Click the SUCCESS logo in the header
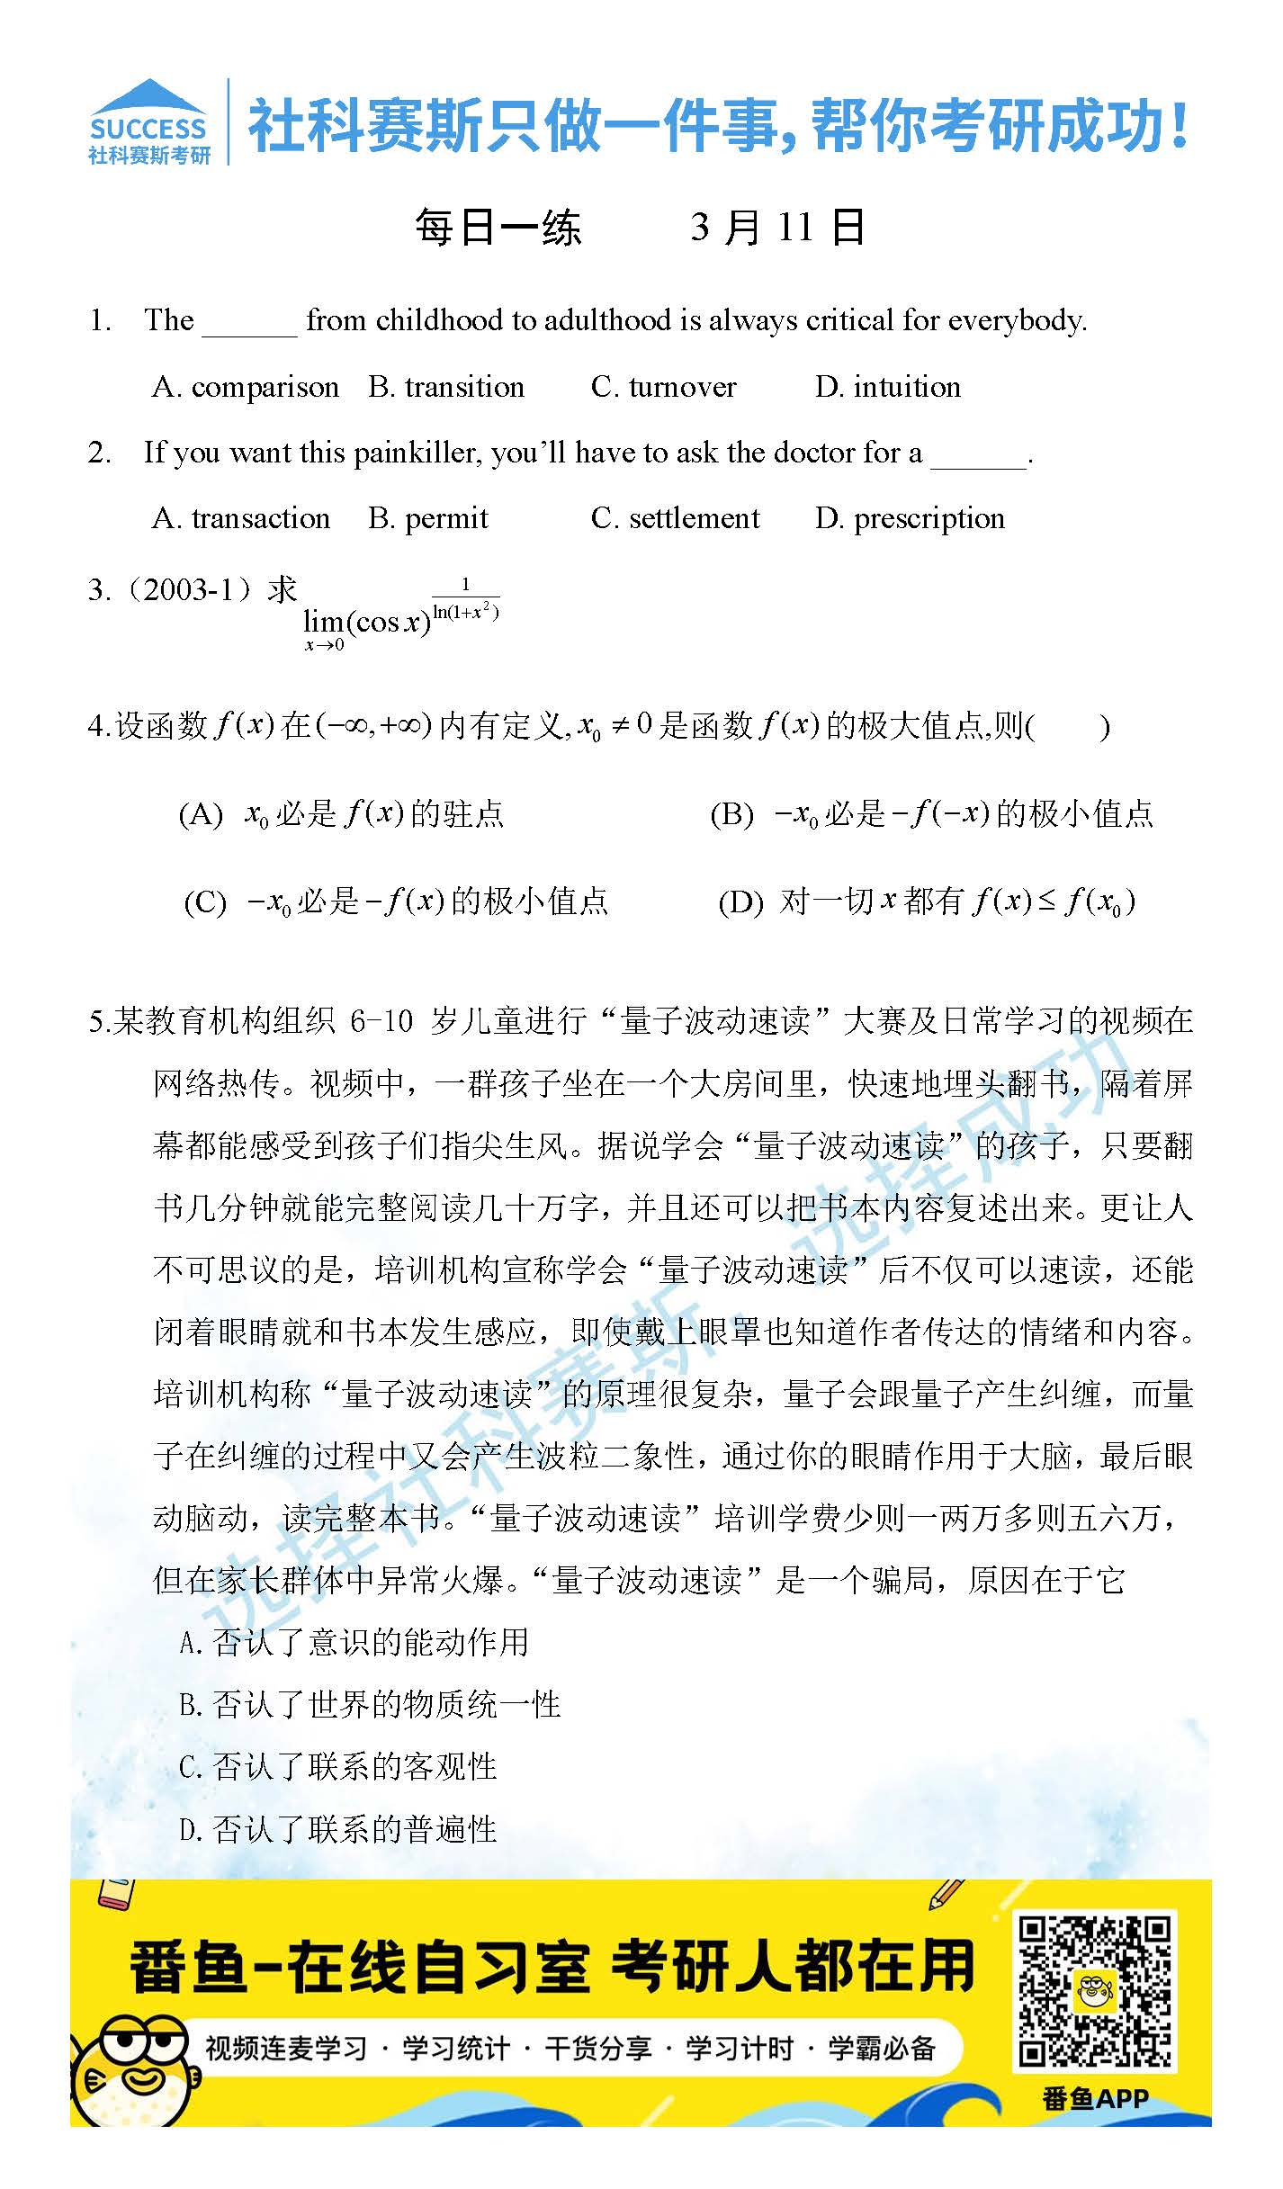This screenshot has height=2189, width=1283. point(148,122)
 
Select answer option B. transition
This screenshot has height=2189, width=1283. point(446,387)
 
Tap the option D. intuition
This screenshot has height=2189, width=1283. point(887,387)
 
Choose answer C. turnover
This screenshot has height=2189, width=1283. point(663,387)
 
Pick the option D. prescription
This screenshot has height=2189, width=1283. point(910,518)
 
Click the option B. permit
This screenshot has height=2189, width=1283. point(428,518)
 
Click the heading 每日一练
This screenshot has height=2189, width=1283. point(498,228)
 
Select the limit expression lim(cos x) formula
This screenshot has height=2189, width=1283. point(400,617)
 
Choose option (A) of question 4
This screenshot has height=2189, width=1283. point(342,814)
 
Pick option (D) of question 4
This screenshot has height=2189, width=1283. point(927,902)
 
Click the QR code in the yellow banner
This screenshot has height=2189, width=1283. point(1095,1992)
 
